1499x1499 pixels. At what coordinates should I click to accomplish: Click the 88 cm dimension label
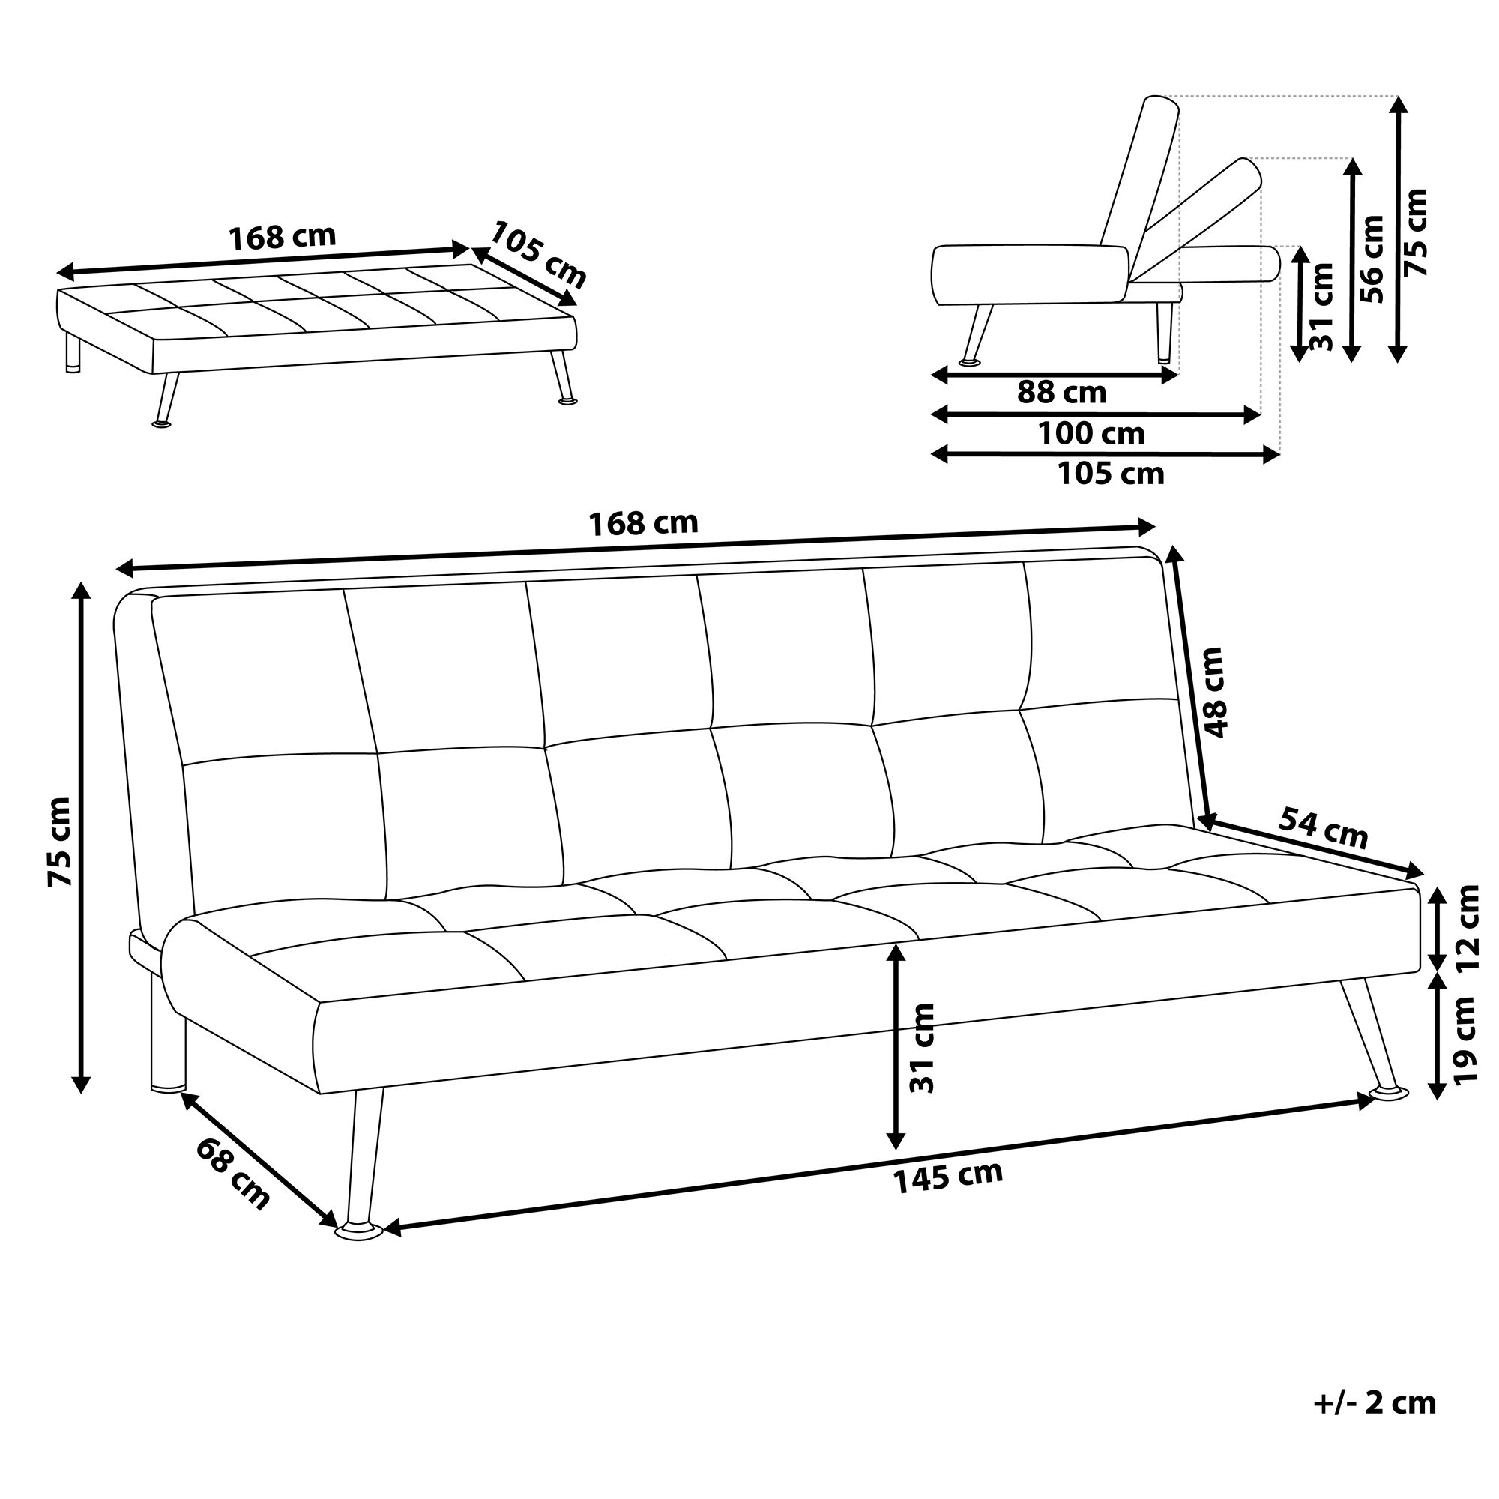[1061, 393]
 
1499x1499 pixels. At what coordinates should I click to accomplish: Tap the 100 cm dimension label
[1091, 434]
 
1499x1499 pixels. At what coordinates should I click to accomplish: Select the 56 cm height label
[1372, 259]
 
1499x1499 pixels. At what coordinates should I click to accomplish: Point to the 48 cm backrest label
[1210, 692]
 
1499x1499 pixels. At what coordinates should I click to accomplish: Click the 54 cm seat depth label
[1323, 828]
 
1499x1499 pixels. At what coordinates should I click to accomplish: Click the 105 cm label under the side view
[1111, 474]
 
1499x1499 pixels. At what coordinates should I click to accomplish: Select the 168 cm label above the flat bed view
[283, 237]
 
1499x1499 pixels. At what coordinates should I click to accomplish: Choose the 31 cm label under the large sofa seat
[922, 1048]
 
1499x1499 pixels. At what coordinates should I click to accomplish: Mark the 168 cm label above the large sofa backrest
[643, 524]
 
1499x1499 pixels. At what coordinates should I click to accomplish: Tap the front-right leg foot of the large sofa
[1389, 1094]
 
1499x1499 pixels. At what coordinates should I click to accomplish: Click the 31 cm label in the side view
[1321, 306]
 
